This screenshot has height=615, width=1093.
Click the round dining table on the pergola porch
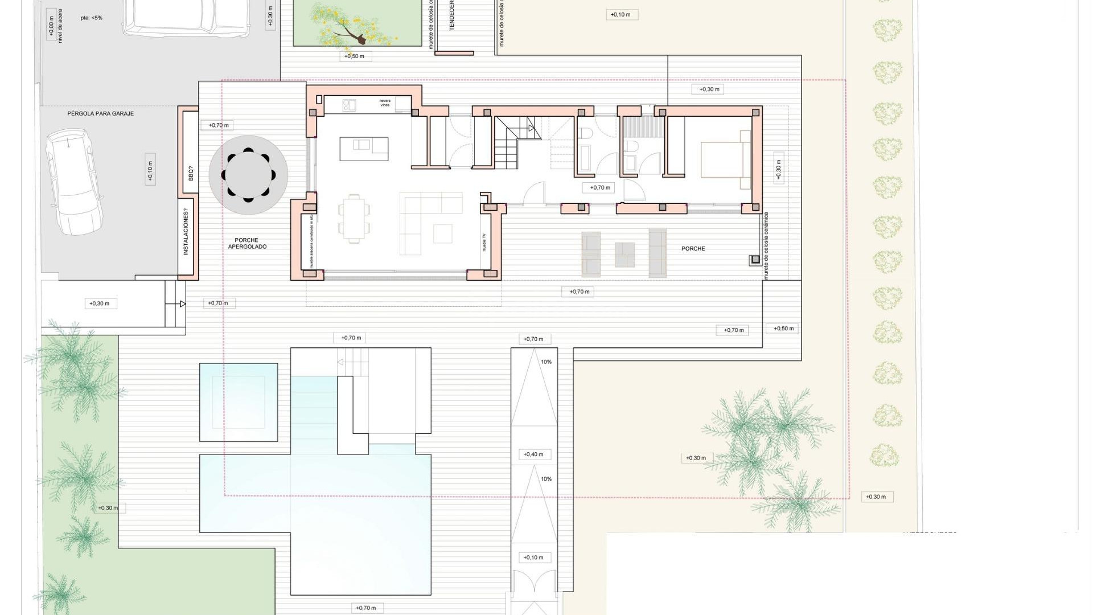pyautogui.click(x=248, y=175)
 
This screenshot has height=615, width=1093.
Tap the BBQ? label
pyautogui.click(x=191, y=173)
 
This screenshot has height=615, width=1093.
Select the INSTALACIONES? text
pyautogui.click(x=186, y=233)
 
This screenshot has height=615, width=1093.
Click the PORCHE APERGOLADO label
pyautogui.click(x=247, y=244)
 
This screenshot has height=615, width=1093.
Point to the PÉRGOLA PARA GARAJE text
pyautogui.click(x=100, y=114)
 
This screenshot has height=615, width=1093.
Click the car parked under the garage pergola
pyautogui.click(x=74, y=181)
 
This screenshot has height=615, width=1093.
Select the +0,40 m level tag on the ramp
pyautogui.click(x=533, y=454)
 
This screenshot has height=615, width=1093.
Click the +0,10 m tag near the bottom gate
pyautogui.click(x=533, y=557)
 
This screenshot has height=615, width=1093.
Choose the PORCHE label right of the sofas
pyautogui.click(x=693, y=249)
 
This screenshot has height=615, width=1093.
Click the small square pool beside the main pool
pyautogui.click(x=239, y=402)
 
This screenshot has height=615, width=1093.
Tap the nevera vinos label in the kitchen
pyautogui.click(x=385, y=104)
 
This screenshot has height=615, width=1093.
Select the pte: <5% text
pyautogui.click(x=92, y=18)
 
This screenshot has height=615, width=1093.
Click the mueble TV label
pyautogui.click(x=484, y=242)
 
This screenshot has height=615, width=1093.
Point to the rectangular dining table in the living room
pyautogui.click(x=355, y=218)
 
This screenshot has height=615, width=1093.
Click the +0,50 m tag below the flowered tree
pyautogui.click(x=355, y=56)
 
